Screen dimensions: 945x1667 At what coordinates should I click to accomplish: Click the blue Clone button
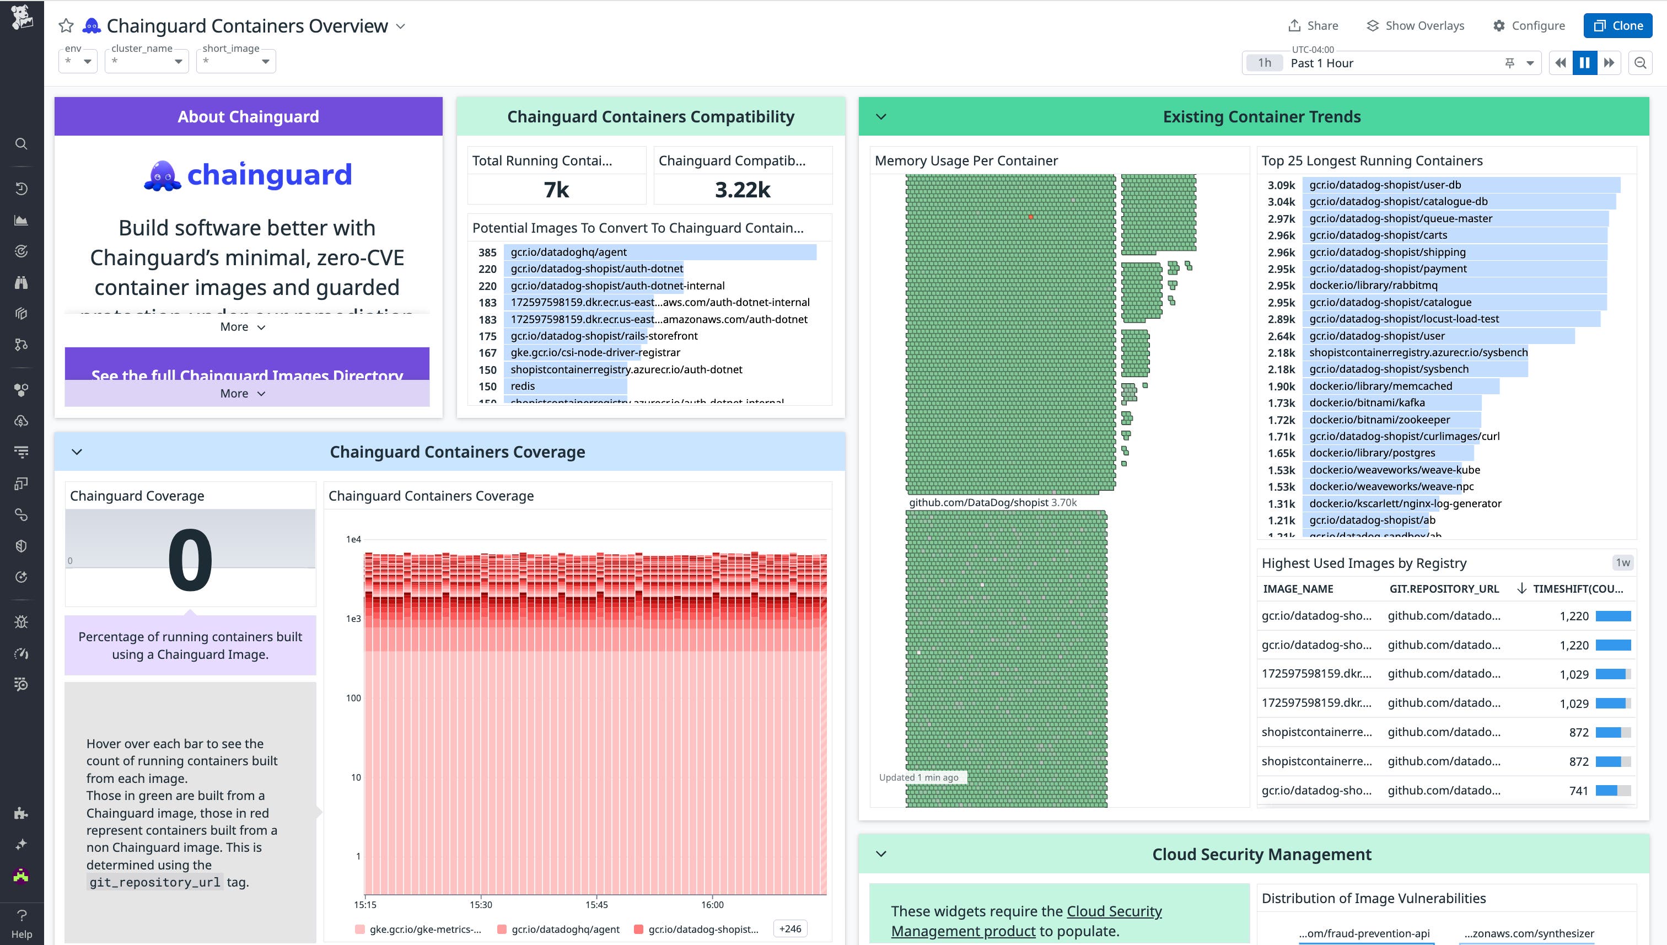[1618, 25]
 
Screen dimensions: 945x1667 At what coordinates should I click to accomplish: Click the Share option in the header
[1313, 25]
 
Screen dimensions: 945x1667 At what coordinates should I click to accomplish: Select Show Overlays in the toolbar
[1415, 25]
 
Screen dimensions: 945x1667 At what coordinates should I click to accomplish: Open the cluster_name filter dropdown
[147, 62]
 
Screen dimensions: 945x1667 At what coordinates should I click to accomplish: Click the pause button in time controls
[1585, 62]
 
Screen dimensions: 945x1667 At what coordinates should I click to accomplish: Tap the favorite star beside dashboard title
[66, 26]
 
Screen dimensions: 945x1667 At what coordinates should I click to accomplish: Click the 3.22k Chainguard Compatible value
[743, 190]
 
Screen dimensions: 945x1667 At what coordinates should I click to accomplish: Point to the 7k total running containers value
[556, 190]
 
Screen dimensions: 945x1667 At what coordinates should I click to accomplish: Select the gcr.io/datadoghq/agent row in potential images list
[568, 252]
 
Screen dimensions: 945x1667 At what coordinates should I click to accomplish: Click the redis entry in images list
[523, 386]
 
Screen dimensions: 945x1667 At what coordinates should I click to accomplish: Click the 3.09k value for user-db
[1281, 185]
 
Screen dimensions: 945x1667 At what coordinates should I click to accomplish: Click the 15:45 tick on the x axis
[596, 904]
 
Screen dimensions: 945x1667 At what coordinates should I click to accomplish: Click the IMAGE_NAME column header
[1298, 589]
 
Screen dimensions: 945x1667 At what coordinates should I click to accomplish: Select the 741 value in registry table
[1578, 791]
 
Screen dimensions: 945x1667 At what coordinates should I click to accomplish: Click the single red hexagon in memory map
[1030, 217]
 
